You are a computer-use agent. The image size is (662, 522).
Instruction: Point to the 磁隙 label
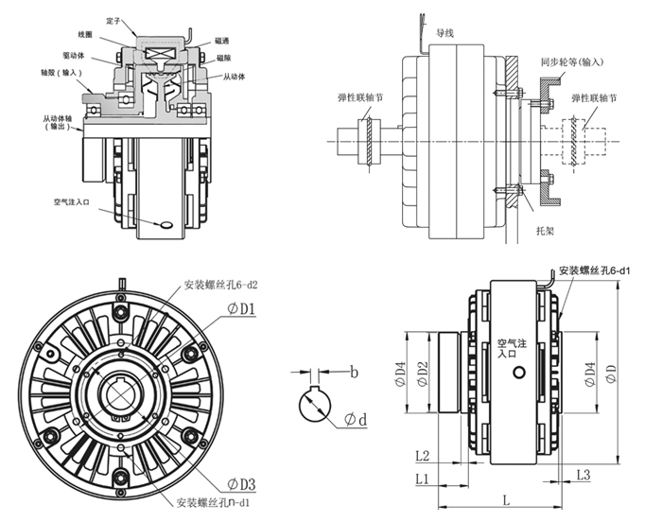click(x=225, y=57)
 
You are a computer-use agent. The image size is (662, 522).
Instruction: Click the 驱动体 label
click(x=75, y=56)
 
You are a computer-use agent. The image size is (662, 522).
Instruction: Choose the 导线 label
click(x=445, y=31)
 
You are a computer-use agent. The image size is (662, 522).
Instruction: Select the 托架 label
click(x=544, y=230)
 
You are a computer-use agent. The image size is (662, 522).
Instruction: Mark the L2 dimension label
click(x=423, y=457)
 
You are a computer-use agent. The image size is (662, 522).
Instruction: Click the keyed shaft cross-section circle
click(x=317, y=406)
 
